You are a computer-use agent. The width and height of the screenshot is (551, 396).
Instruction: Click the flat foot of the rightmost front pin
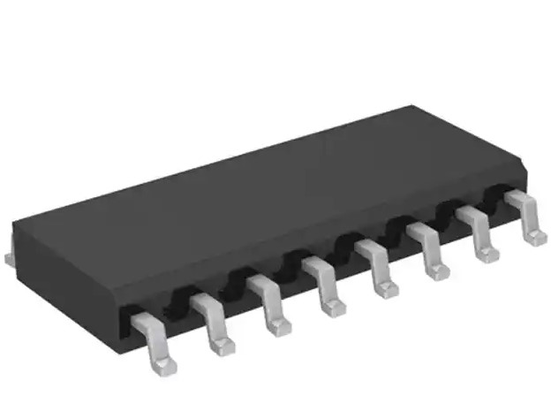(535, 236)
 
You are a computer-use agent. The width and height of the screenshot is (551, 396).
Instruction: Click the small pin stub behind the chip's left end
(7, 257)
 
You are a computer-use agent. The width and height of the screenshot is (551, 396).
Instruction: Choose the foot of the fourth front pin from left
(333, 307)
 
